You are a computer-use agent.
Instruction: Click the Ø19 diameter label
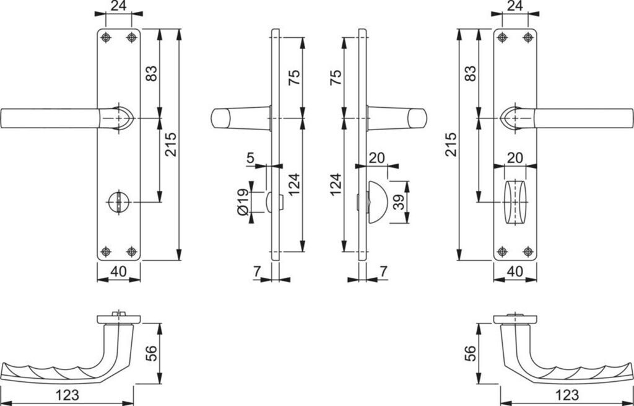click(243, 201)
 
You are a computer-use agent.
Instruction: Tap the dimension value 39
click(399, 201)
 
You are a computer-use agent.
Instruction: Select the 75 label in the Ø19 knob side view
click(295, 77)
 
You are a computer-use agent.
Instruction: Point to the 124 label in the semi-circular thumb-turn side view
click(334, 185)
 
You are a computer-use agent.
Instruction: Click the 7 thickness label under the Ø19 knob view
click(256, 270)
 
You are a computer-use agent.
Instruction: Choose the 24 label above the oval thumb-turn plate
click(514, 6)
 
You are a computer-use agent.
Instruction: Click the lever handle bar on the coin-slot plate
click(50, 118)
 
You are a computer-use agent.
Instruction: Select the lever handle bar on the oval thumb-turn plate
click(582, 118)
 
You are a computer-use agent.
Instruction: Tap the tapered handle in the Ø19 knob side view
click(238, 118)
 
